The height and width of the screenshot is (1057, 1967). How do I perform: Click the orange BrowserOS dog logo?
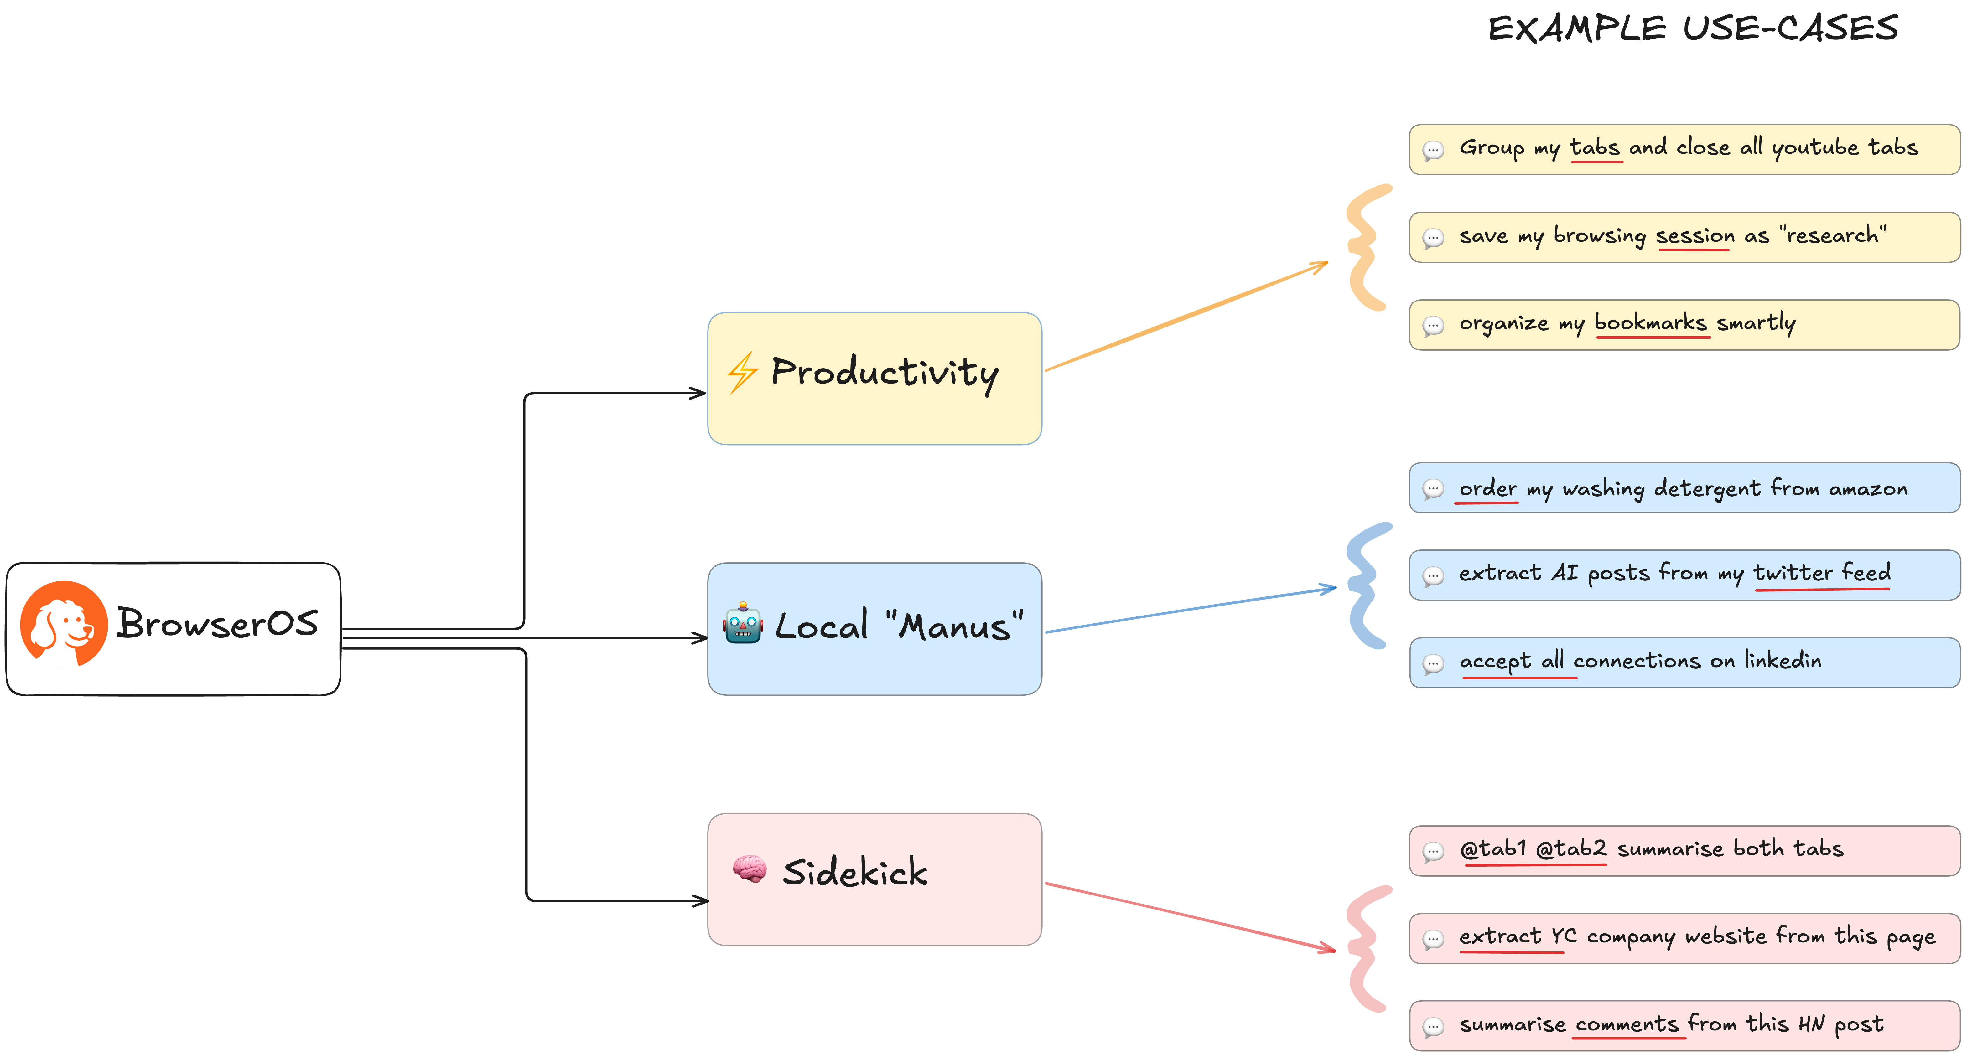coord(63,623)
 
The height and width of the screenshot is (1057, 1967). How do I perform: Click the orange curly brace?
coord(1367,247)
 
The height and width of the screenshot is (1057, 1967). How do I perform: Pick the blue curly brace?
coord(1367,585)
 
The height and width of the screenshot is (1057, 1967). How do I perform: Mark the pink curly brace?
coord(1367,949)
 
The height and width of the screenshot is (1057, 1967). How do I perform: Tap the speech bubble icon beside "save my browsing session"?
coord(1433,238)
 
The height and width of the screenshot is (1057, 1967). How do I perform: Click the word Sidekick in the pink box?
coord(854,872)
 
